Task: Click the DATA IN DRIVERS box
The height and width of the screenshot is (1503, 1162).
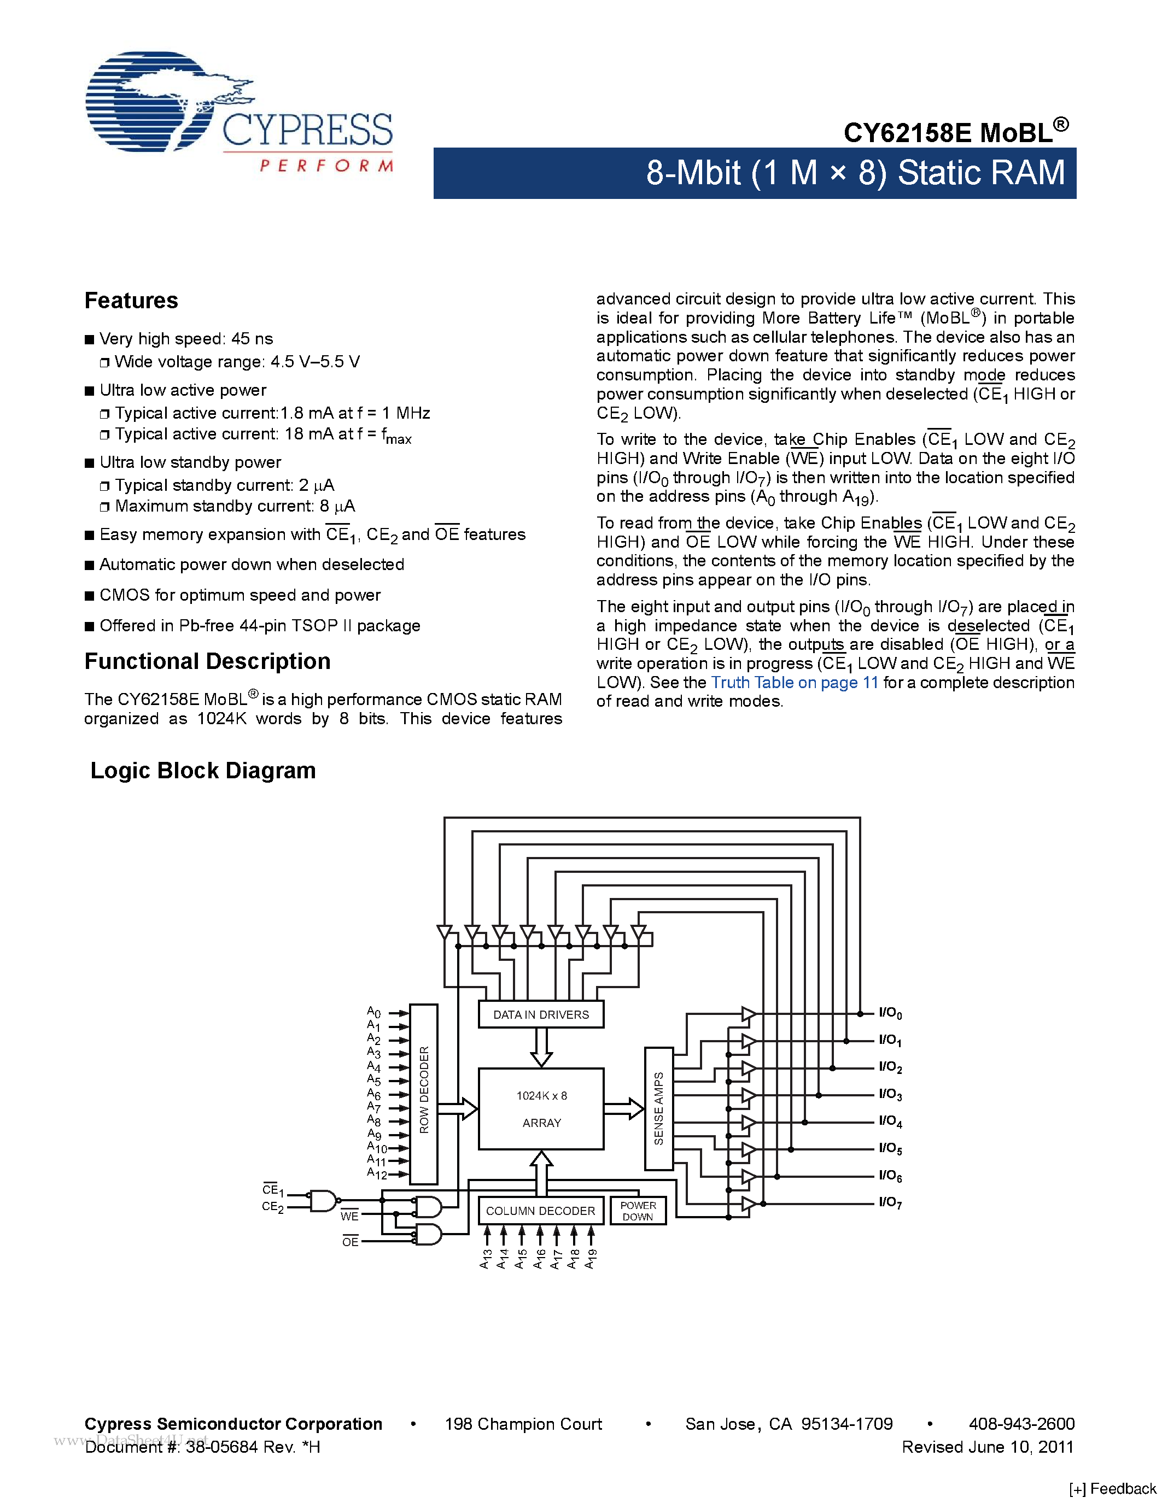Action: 540,1014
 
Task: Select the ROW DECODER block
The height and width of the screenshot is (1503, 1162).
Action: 423,1094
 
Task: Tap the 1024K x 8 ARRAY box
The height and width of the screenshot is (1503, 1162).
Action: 541,1109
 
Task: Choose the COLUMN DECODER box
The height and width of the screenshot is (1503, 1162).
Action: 540,1211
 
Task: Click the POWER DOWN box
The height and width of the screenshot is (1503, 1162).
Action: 638,1211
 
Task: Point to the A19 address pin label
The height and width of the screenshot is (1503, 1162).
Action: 591,1259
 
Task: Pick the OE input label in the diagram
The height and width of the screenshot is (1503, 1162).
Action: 351,1242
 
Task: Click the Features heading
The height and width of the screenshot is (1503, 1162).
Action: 131,301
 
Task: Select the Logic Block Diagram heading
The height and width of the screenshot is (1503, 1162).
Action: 203,771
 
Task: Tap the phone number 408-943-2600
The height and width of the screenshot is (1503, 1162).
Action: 1021,1424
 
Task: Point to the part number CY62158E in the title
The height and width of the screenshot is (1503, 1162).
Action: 907,133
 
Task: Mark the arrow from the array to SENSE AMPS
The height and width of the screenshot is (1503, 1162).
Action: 624,1109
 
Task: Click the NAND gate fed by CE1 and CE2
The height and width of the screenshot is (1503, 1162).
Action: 322,1201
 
